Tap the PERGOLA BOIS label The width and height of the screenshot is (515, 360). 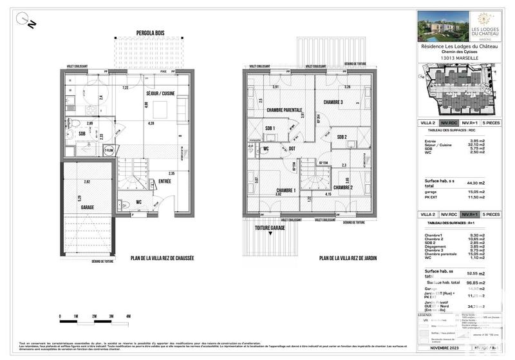[x=149, y=33]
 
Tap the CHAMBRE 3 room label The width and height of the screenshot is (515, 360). [x=332, y=102]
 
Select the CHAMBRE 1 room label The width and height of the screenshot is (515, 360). [x=285, y=190]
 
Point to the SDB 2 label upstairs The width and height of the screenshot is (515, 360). [x=342, y=137]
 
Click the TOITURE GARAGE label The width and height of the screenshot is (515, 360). [x=270, y=227]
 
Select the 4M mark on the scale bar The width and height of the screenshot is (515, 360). [x=129, y=317]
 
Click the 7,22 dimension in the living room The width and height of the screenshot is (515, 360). [x=126, y=88]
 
